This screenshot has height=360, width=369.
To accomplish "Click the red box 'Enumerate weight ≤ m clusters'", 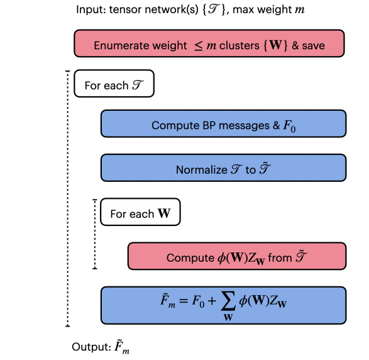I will click(x=209, y=45).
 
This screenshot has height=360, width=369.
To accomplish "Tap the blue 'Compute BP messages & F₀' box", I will click(x=223, y=124).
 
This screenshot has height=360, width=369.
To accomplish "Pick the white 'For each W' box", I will click(x=140, y=213).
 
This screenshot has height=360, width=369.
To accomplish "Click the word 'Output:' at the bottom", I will click(x=90, y=347).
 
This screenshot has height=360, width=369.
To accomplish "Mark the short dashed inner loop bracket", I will click(x=94, y=234).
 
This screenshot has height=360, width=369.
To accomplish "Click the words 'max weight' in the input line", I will click(x=243, y=9).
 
